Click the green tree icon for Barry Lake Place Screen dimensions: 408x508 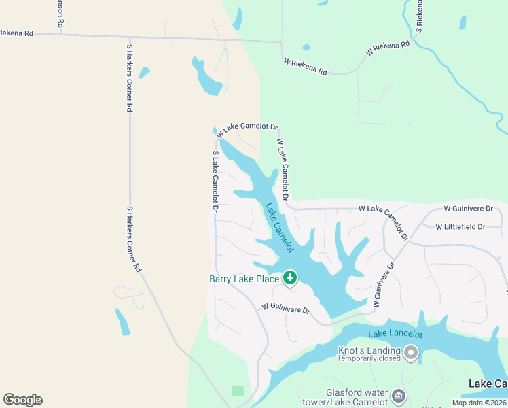pos(290,277)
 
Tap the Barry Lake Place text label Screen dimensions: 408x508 pos(244,279)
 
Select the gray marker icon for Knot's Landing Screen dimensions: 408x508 pos(410,352)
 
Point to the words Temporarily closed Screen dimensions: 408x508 pos(369,358)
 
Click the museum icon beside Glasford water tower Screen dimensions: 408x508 pos(399,395)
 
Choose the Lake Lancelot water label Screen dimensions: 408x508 pos(395,334)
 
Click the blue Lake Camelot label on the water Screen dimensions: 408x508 pos(280,228)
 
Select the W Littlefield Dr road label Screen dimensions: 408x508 pos(460,226)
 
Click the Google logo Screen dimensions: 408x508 pos(22,400)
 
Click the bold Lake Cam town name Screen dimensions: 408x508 pos(488,384)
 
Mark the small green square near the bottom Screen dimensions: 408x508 pos(237,391)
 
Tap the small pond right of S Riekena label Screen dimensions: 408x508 pos(462,22)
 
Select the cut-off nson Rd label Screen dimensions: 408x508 pos(60,14)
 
